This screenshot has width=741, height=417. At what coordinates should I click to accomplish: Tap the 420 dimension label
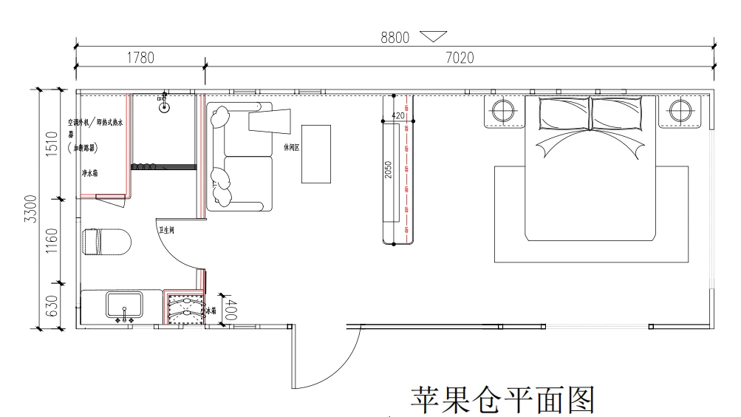tap(397, 116)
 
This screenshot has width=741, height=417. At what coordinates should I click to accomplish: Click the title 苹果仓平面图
tap(502, 399)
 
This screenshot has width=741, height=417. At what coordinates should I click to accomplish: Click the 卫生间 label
tap(166, 230)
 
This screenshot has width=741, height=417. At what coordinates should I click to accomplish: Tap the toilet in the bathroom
tap(107, 242)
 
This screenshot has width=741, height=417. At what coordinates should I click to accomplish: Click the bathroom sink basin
tap(125, 305)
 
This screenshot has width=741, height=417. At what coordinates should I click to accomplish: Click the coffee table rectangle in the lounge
tap(315, 154)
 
